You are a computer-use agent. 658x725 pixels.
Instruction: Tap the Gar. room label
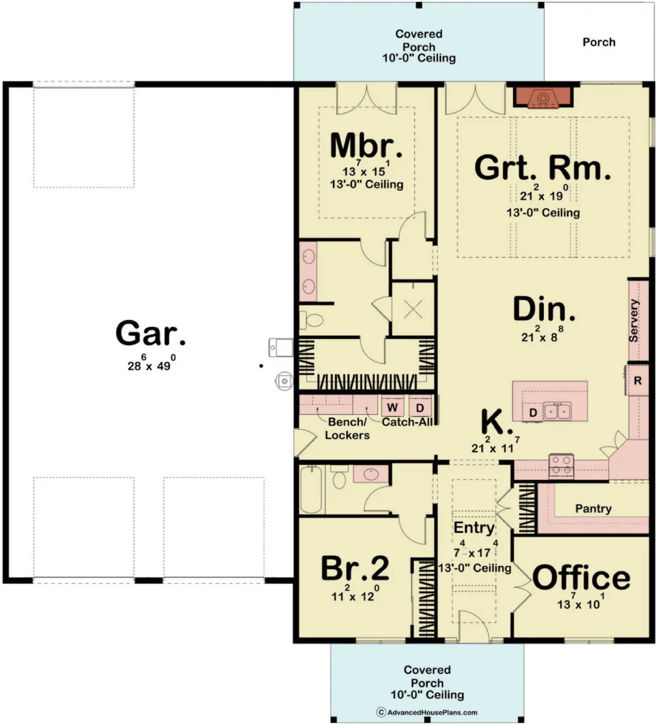pos(150,333)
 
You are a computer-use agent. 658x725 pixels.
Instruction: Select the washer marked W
pos(392,407)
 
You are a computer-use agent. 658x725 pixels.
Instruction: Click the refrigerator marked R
pos(638,380)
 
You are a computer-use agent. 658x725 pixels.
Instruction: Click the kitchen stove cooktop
pos(561,467)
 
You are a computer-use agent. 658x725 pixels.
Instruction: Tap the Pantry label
pos(593,509)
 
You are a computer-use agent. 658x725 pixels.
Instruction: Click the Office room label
pos(581,577)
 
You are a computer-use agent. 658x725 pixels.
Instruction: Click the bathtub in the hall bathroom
pos(311,490)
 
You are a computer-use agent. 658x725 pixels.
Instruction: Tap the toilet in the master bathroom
pos(312,320)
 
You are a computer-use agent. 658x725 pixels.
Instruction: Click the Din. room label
pos(544,308)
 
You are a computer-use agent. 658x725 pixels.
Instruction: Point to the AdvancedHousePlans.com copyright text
pos(427,712)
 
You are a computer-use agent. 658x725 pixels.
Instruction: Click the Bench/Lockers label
pos(347,428)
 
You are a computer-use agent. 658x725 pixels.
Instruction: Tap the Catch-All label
pos(407,422)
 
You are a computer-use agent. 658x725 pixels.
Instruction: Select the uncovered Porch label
pos(599,42)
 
